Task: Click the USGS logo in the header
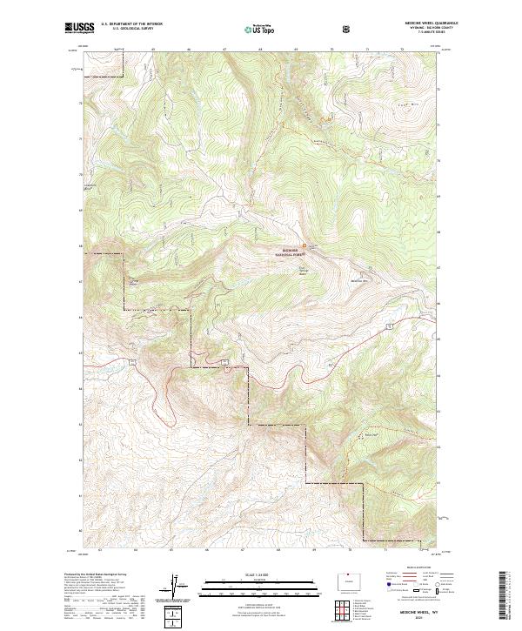78,28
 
